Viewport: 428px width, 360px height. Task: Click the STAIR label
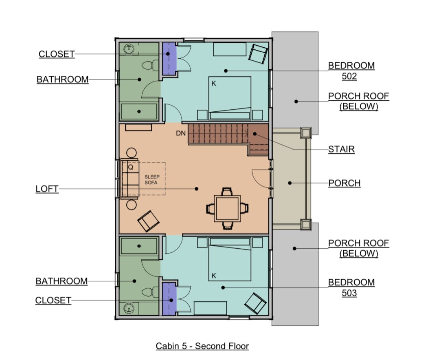pos(341,149)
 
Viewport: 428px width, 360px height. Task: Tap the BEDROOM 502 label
pos(351,71)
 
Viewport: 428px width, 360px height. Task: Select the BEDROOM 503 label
pos(351,287)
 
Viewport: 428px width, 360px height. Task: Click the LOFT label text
pos(47,189)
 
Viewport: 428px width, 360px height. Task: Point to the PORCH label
pos(345,183)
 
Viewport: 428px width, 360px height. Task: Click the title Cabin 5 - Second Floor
pos(202,346)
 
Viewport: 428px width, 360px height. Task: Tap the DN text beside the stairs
pos(181,133)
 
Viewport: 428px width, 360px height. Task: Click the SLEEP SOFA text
pos(152,179)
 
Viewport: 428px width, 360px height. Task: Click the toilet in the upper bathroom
pos(150,65)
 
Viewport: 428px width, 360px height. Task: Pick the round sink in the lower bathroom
pos(129,308)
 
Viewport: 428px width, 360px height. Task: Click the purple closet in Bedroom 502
pos(169,58)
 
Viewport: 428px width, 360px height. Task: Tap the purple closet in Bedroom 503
pos(169,299)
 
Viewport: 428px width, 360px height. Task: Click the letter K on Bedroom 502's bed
pos(214,84)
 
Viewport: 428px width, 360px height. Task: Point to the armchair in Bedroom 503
pos(255,303)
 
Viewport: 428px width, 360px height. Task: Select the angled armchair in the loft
pos(148,221)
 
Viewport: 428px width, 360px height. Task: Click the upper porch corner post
pos(306,133)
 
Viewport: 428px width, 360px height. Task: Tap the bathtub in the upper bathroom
pos(139,111)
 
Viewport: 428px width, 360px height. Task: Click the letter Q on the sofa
pos(130,167)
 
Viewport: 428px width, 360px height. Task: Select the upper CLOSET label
pos(57,54)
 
